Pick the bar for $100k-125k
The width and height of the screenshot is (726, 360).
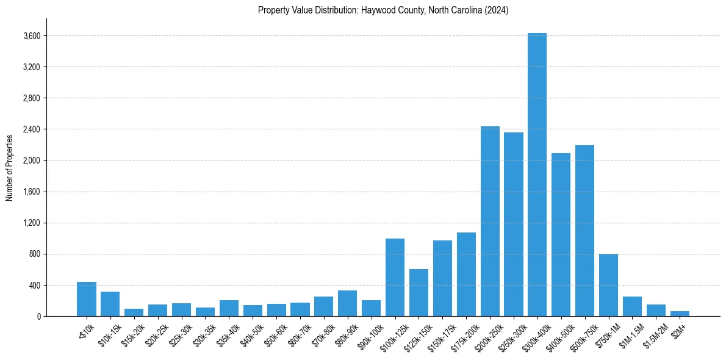point(395,277)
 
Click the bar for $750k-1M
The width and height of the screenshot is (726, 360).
point(608,285)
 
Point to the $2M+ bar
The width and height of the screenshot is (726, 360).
point(680,314)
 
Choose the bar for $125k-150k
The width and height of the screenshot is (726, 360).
point(419,292)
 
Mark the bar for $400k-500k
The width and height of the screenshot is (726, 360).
point(561,234)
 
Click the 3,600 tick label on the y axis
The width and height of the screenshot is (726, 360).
point(32,36)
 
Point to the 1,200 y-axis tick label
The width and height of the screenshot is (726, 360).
point(32,223)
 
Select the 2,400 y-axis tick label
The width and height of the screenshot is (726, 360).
point(32,129)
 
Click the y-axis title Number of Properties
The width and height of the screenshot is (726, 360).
point(9,167)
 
